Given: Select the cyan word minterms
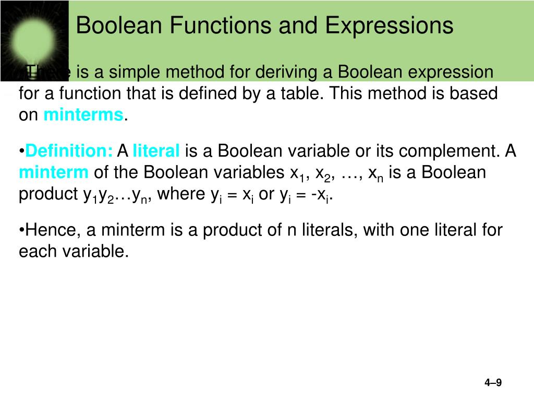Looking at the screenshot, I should pyautogui.click(x=83, y=115).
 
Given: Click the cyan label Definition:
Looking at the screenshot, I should pyautogui.click(x=69, y=152).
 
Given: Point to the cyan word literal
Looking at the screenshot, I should pyautogui.click(x=156, y=152).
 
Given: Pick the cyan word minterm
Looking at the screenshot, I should pyautogui.click(x=54, y=172).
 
